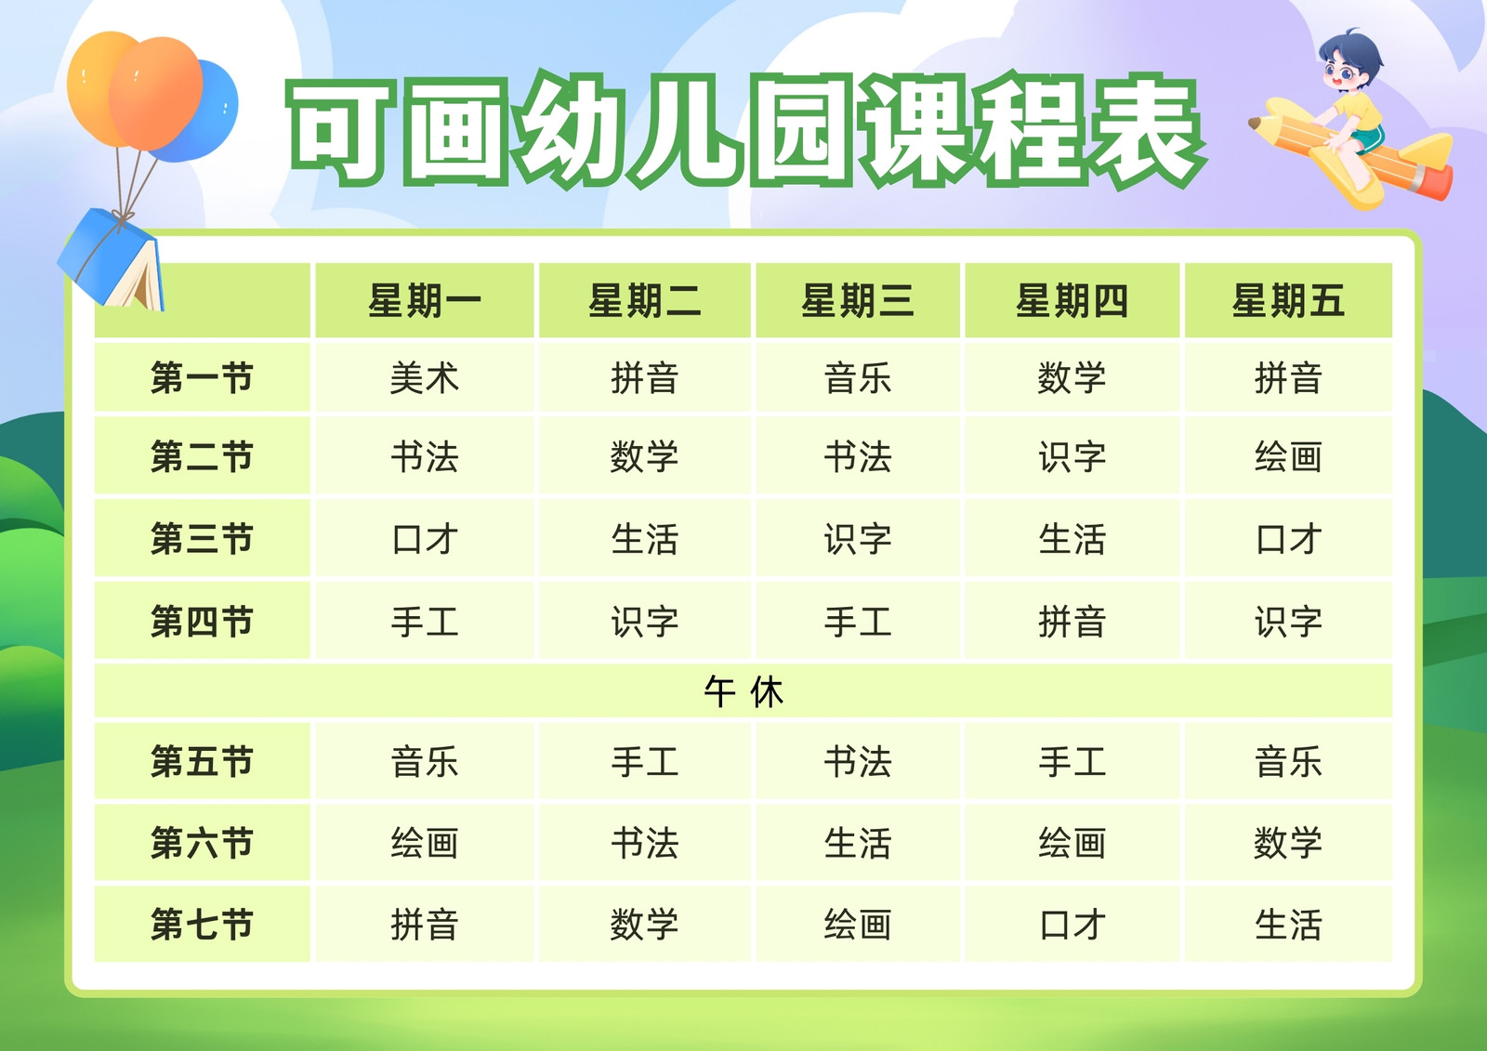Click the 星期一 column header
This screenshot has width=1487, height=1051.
tap(424, 301)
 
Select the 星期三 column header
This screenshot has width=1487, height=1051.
tap(857, 301)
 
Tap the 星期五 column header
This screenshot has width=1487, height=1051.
tap(1288, 301)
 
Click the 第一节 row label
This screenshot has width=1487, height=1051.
tap(202, 378)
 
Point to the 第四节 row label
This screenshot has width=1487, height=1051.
tap(202, 622)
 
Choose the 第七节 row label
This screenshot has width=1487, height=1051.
tap(202, 924)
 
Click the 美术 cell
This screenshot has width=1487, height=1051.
tap(424, 378)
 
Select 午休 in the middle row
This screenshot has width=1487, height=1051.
tap(743, 691)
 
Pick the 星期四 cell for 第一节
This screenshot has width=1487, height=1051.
tap(1072, 378)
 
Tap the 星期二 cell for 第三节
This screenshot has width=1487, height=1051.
tap(645, 538)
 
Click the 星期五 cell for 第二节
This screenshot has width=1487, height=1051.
tap(1288, 457)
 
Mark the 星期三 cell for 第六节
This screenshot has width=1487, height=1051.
tap(857, 843)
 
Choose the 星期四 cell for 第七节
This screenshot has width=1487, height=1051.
tap(1072, 924)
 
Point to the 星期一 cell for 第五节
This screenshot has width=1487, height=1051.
tap(424, 761)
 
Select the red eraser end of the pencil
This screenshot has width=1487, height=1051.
tap(1434, 182)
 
